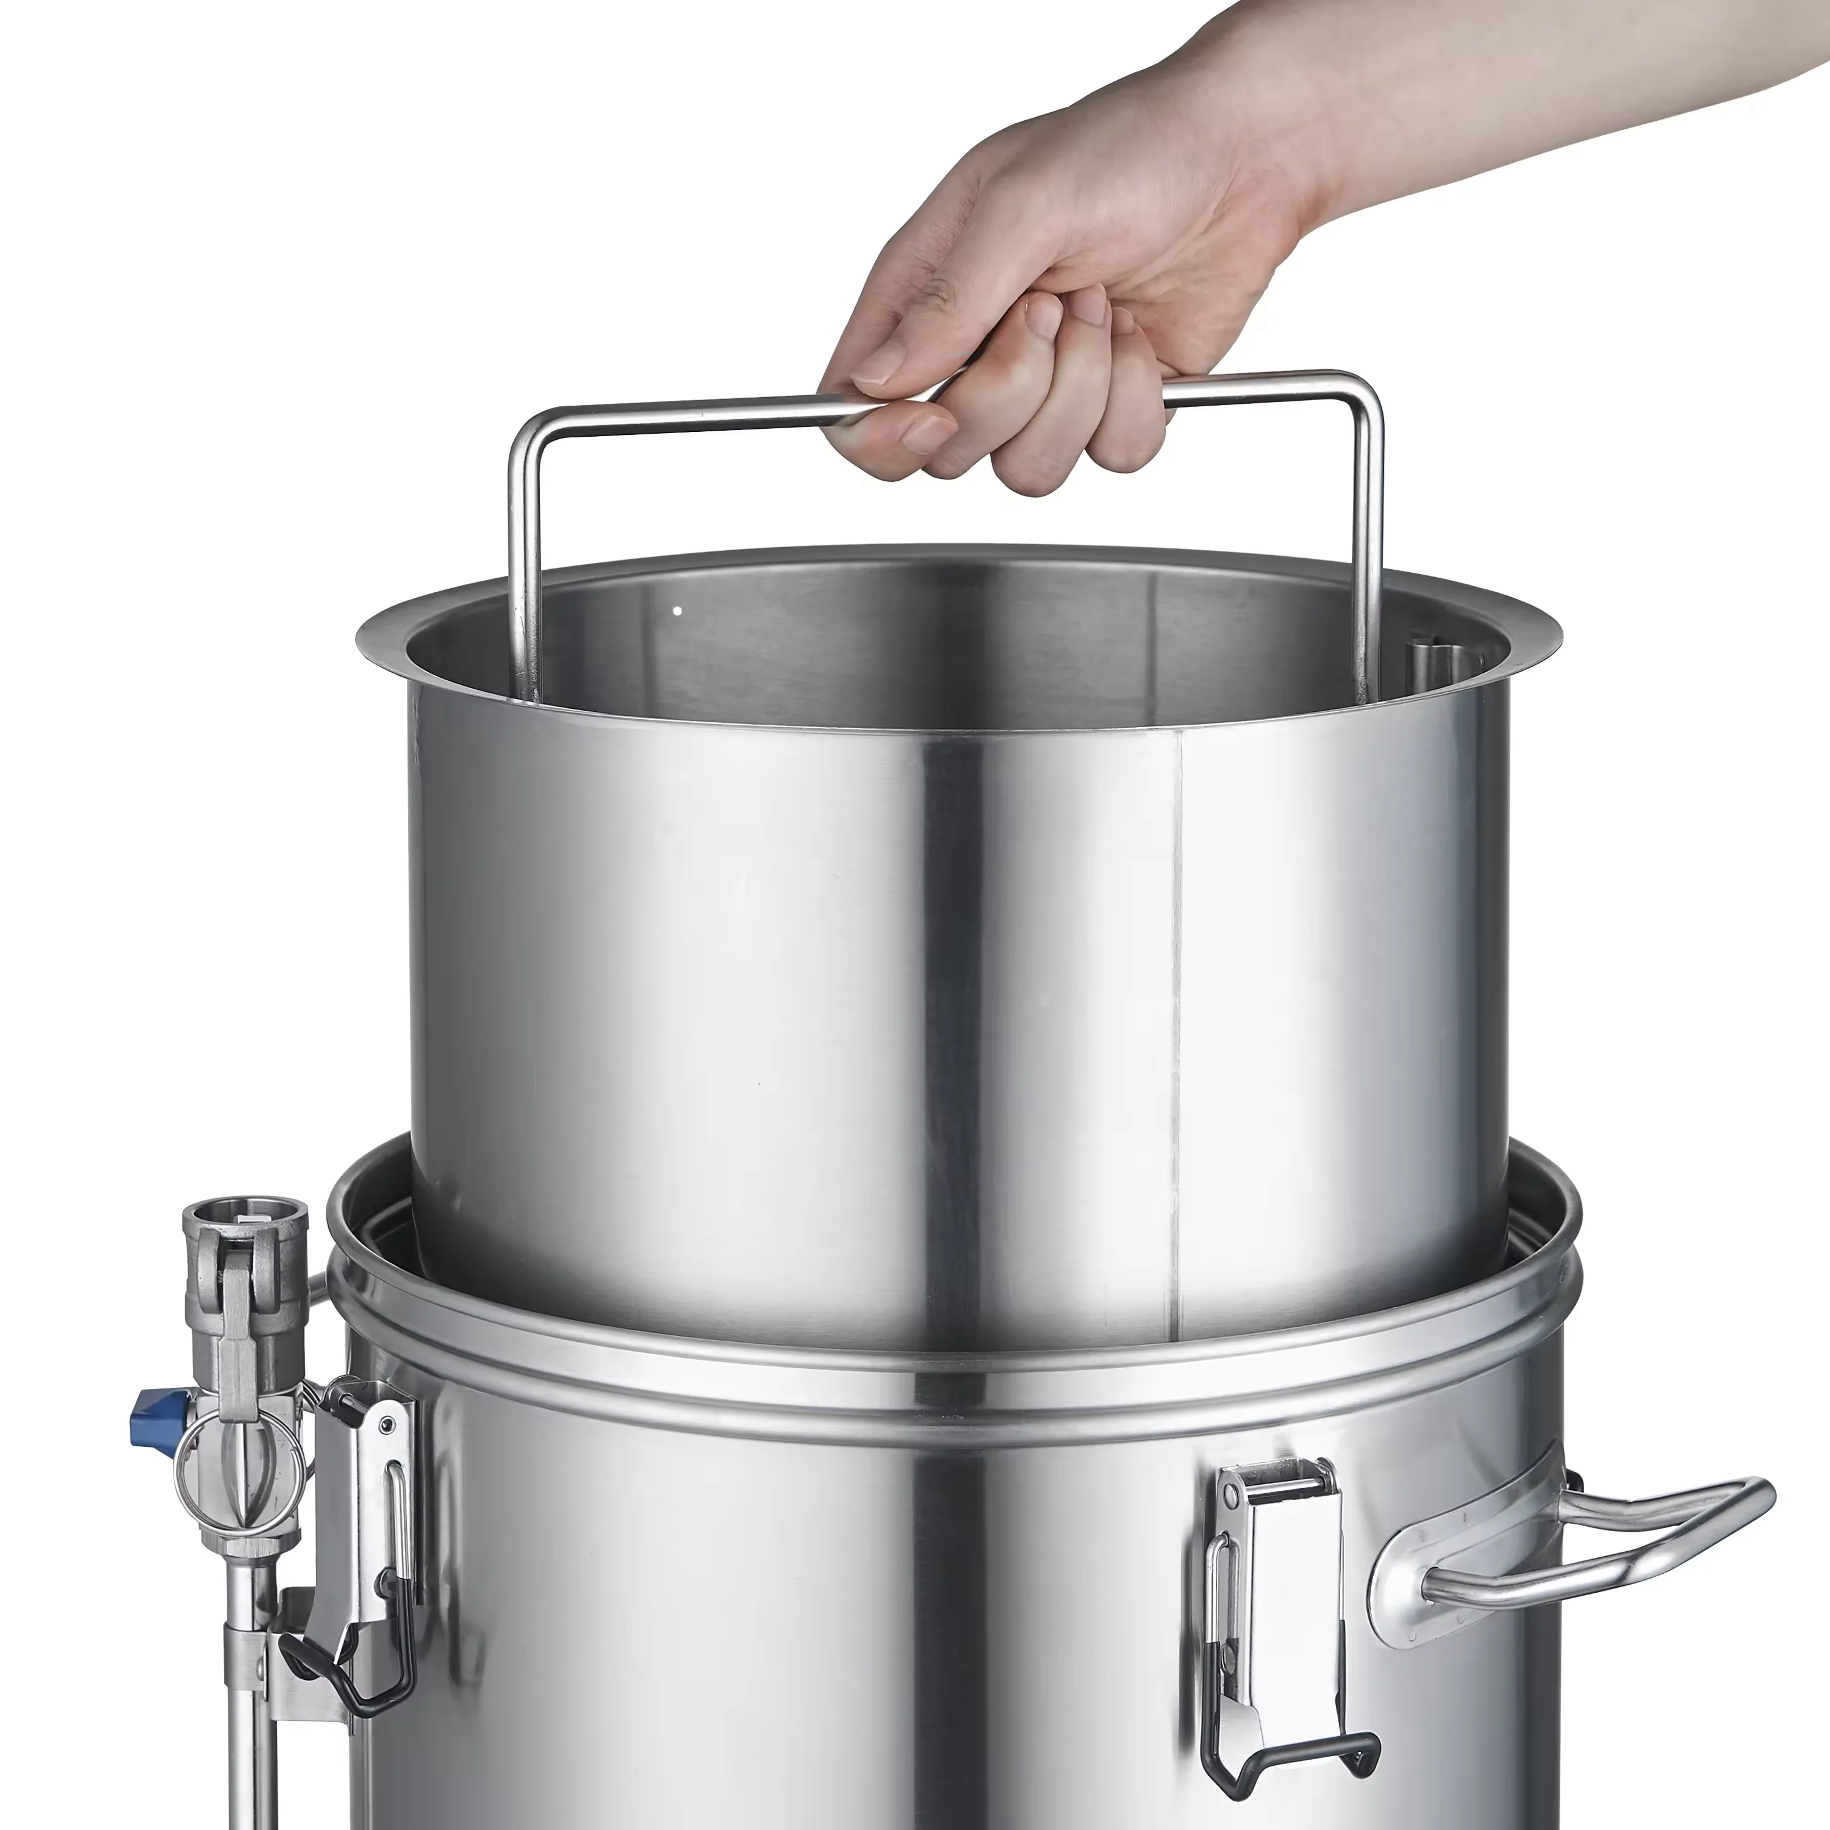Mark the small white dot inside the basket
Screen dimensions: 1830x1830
677,611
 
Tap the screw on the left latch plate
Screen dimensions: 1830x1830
387,1429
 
